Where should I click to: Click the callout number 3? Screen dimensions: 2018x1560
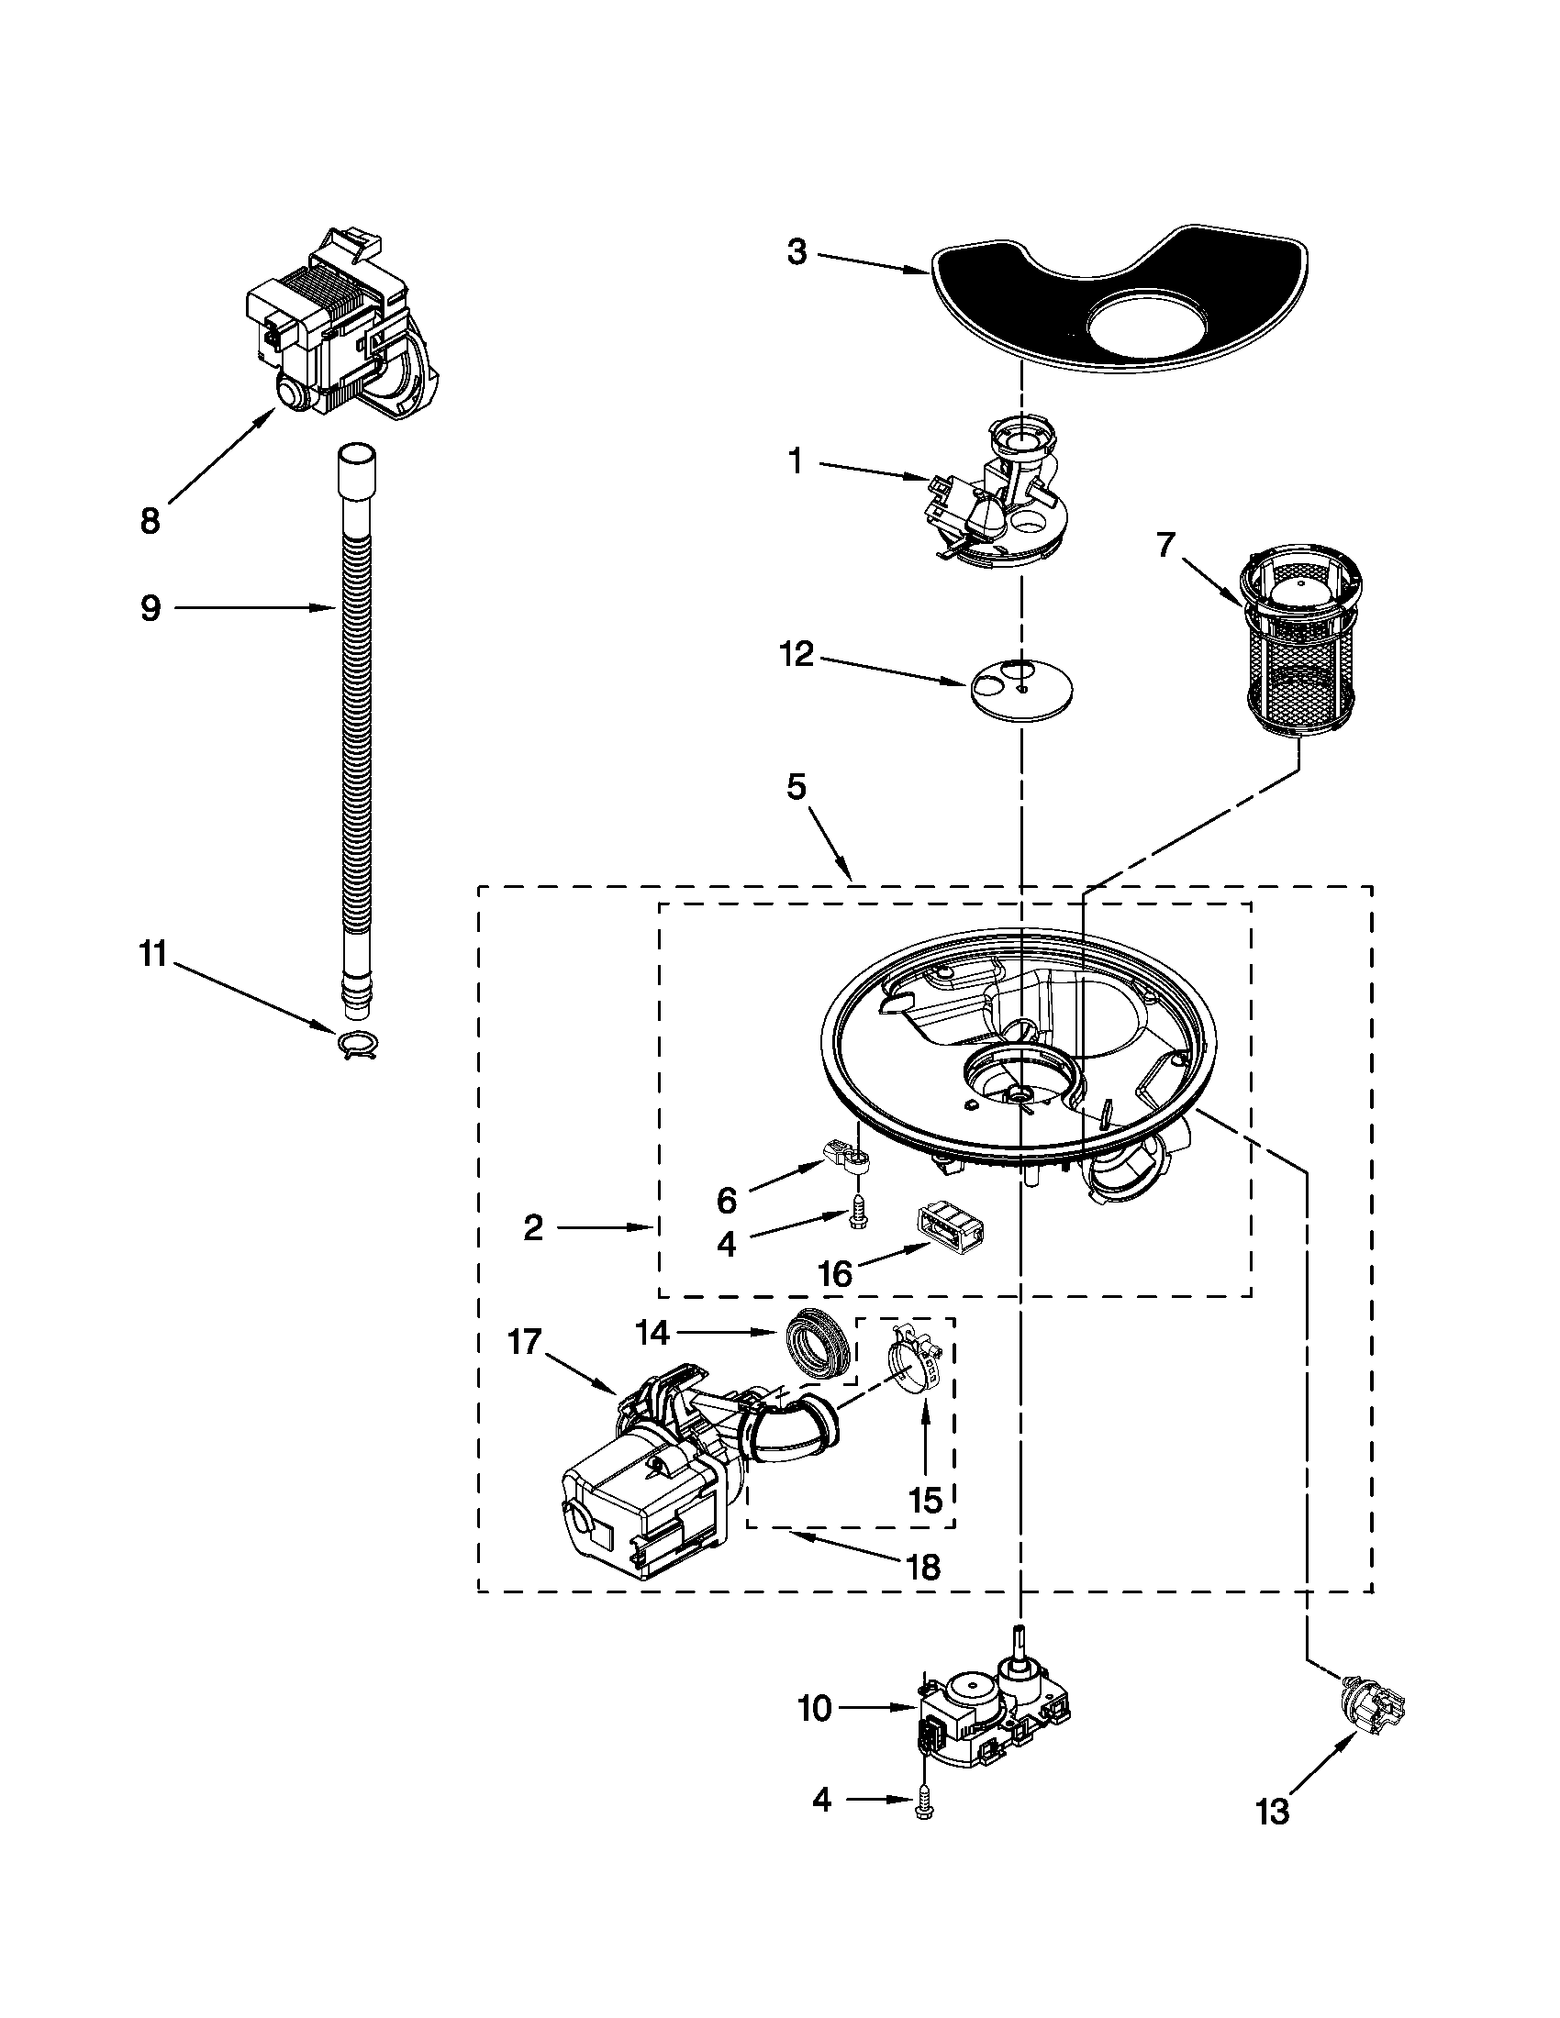pos(797,251)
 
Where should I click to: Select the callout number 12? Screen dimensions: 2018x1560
pos(797,655)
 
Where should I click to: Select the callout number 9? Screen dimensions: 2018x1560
pos(150,608)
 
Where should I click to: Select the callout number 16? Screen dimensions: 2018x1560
pos(833,1275)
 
